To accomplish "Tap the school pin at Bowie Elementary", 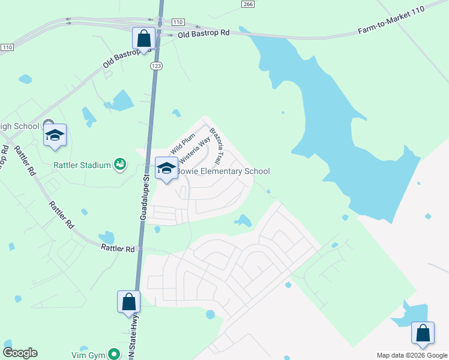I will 166,167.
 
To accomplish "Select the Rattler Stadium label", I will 82,165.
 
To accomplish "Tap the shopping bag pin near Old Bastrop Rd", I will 144,39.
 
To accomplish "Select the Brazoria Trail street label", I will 218,143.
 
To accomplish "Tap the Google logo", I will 20,353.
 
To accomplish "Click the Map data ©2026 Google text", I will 411,355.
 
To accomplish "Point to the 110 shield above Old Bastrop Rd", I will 177,22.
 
